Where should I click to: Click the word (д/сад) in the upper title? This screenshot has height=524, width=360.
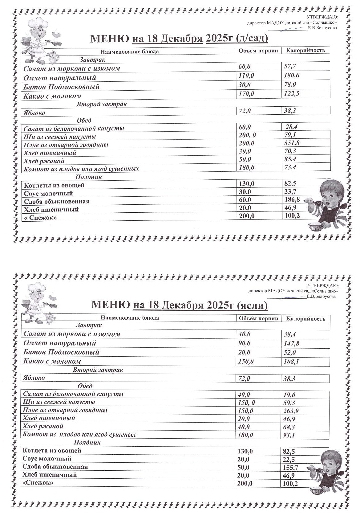point(252,39)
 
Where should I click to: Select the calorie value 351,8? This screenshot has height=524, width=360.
point(292,143)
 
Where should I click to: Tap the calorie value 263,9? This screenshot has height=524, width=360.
point(291,411)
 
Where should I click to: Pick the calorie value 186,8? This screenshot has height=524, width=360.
point(292,200)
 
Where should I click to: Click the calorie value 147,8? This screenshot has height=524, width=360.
point(291,343)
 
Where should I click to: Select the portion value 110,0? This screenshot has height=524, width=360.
point(246,76)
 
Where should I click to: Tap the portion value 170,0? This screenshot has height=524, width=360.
point(246,94)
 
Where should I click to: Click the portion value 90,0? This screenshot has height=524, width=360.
point(244,343)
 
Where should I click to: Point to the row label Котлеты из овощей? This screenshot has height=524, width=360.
point(54,185)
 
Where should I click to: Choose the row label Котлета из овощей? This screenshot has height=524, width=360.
point(52,451)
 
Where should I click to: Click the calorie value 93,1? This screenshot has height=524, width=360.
point(289,435)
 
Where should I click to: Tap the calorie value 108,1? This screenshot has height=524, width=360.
point(291,362)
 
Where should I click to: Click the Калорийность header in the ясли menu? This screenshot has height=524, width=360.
point(305,319)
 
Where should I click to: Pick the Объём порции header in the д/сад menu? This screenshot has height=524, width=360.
point(258,51)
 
